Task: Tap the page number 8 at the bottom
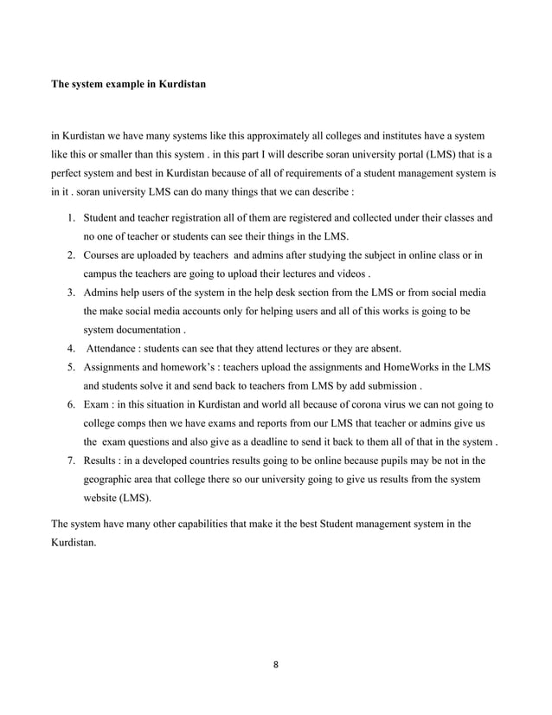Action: tap(277, 666)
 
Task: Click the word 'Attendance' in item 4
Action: tap(114, 349)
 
